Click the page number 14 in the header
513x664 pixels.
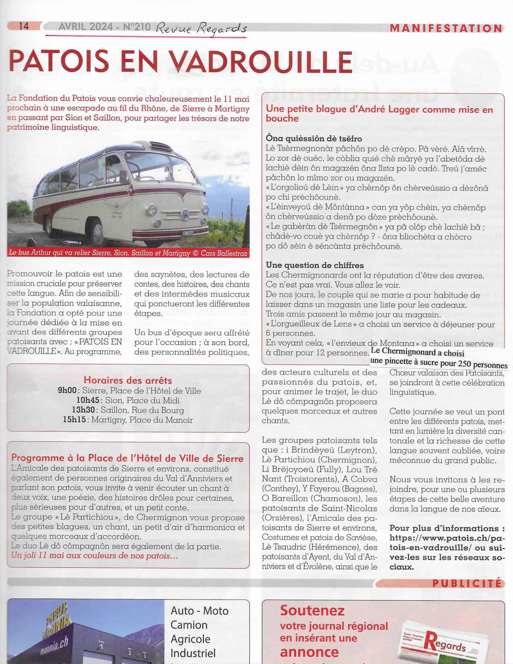(24, 26)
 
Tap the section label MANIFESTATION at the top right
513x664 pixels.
(446, 29)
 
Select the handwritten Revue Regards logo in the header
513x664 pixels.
(201, 28)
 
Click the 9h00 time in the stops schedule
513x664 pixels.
(67, 391)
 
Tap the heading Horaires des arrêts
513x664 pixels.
(128, 380)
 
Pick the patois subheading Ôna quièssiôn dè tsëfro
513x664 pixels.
(314, 138)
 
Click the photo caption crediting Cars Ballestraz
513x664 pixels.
(128, 253)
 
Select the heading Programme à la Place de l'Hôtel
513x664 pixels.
(127, 458)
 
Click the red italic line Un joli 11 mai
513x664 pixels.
(95, 556)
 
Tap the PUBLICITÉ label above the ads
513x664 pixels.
(467, 583)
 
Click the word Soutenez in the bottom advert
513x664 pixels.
(312, 610)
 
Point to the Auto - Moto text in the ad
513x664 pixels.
(199, 610)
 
